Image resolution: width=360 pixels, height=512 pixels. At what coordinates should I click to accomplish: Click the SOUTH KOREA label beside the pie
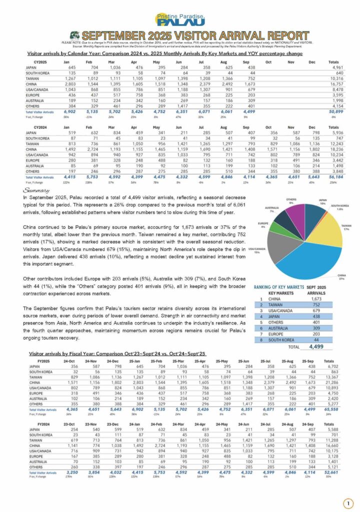[x=340, y=205]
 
